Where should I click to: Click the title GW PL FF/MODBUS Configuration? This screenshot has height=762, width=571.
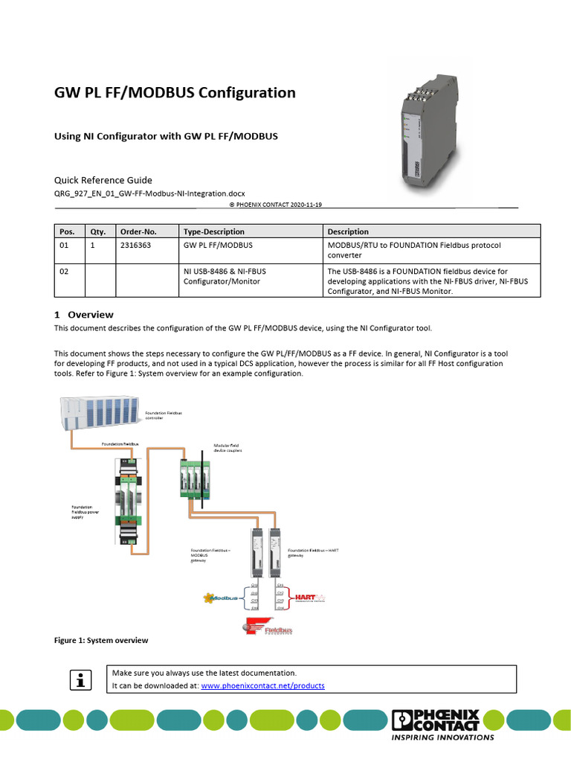coord(175,93)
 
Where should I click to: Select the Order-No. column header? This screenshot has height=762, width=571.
coord(138,231)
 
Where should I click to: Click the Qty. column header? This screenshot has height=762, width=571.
coord(98,231)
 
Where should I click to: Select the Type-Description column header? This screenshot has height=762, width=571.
coord(214,231)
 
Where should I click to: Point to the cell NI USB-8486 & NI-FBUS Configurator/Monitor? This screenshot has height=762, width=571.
coord(225,277)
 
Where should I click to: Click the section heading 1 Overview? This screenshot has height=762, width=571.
coord(84,314)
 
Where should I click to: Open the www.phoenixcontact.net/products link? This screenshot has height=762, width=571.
coord(262,685)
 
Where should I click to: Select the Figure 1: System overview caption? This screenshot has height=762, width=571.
coord(100,640)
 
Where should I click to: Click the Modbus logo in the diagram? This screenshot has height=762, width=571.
coord(222,598)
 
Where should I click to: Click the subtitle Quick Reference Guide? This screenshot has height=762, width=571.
coord(103,180)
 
